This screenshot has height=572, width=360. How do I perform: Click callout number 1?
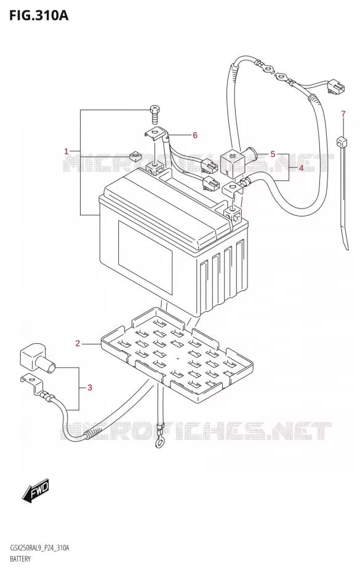point(66,151)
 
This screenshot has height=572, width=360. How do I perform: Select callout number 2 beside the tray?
point(78,343)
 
